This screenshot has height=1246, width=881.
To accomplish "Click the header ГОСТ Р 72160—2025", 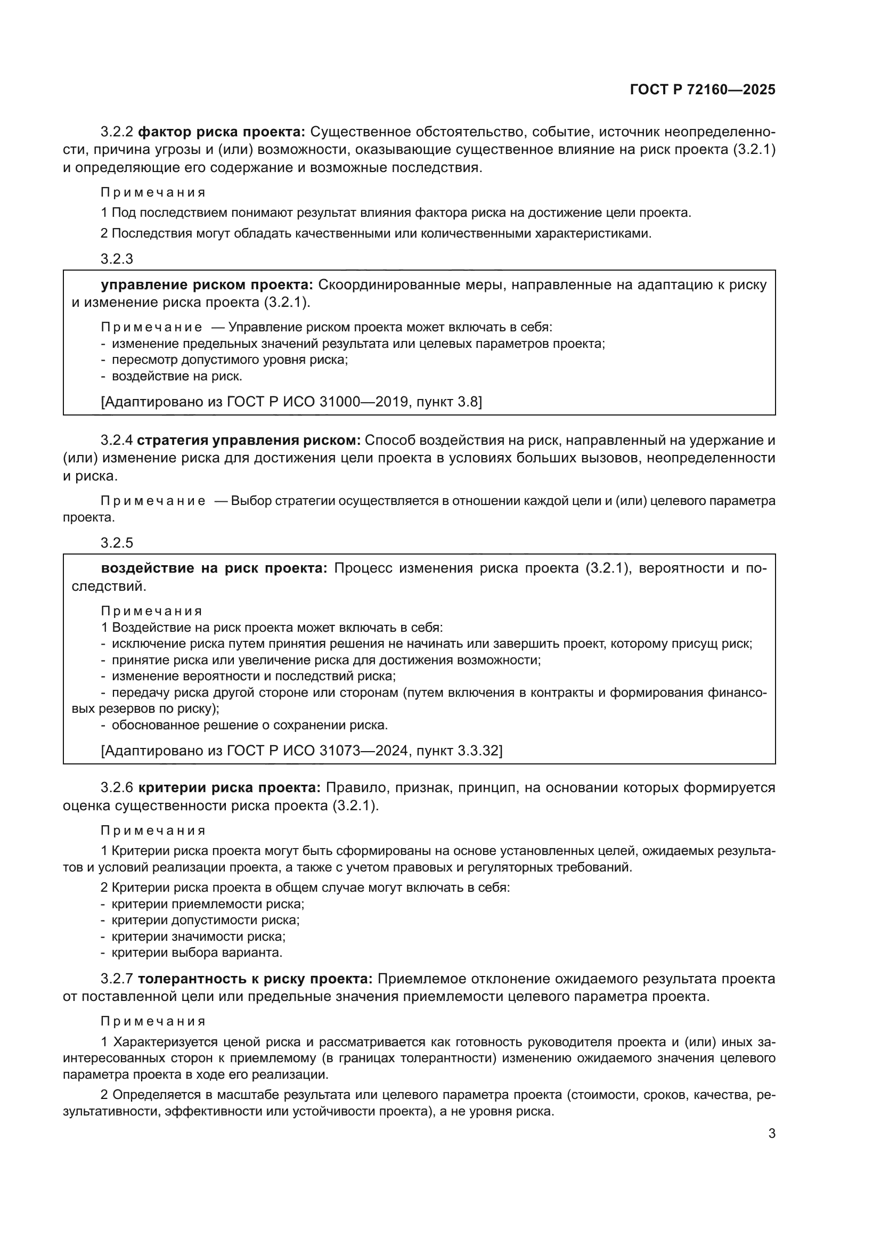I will coord(702,90).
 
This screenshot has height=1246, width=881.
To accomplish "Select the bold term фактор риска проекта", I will coord(222,132).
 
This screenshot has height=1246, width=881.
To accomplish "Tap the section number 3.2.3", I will coord(117,259).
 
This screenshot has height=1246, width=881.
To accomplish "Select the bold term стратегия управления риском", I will coord(249,440).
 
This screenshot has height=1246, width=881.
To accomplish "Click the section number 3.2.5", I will coord(117,543).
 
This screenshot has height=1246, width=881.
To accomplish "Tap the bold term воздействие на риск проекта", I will coord(214,568).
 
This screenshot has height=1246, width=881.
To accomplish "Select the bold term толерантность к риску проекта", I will coord(255,979).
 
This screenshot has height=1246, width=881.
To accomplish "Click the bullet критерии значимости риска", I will coord(199,936).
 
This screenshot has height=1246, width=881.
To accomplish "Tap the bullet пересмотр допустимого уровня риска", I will coord(230,359).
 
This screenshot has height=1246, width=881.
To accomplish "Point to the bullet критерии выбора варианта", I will coord(197,952).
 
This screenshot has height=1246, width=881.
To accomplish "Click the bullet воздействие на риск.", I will coord(177,376).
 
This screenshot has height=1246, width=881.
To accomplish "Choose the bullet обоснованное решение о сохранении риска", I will coord(249,725).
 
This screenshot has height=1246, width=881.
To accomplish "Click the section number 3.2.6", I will coord(117,787).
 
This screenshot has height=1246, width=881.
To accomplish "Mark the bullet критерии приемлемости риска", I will coord(208,904).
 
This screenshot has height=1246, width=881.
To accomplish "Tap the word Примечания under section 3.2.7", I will coord(153,1021).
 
